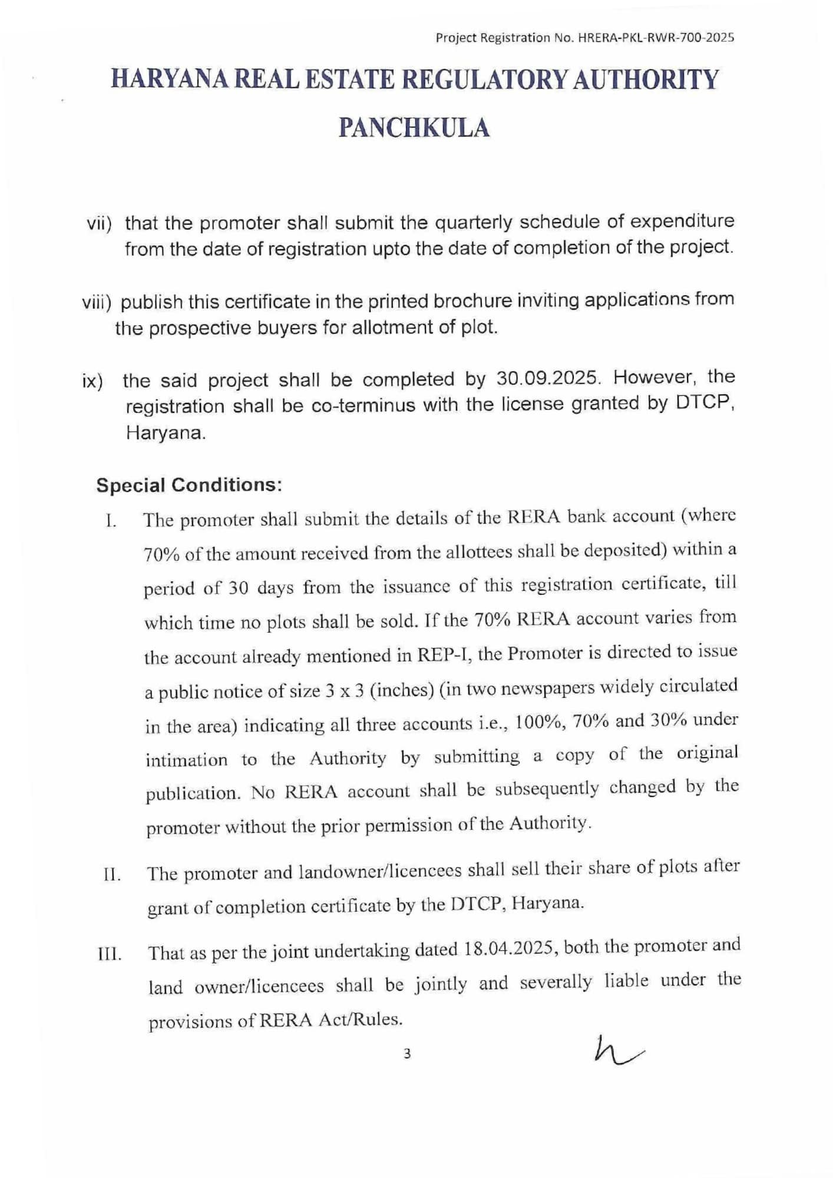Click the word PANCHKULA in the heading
click(414, 128)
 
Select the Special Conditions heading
click(189, 485)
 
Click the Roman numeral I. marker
click(110, 522)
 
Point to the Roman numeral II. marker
click(111, 875)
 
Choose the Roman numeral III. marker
click(110, 954)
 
